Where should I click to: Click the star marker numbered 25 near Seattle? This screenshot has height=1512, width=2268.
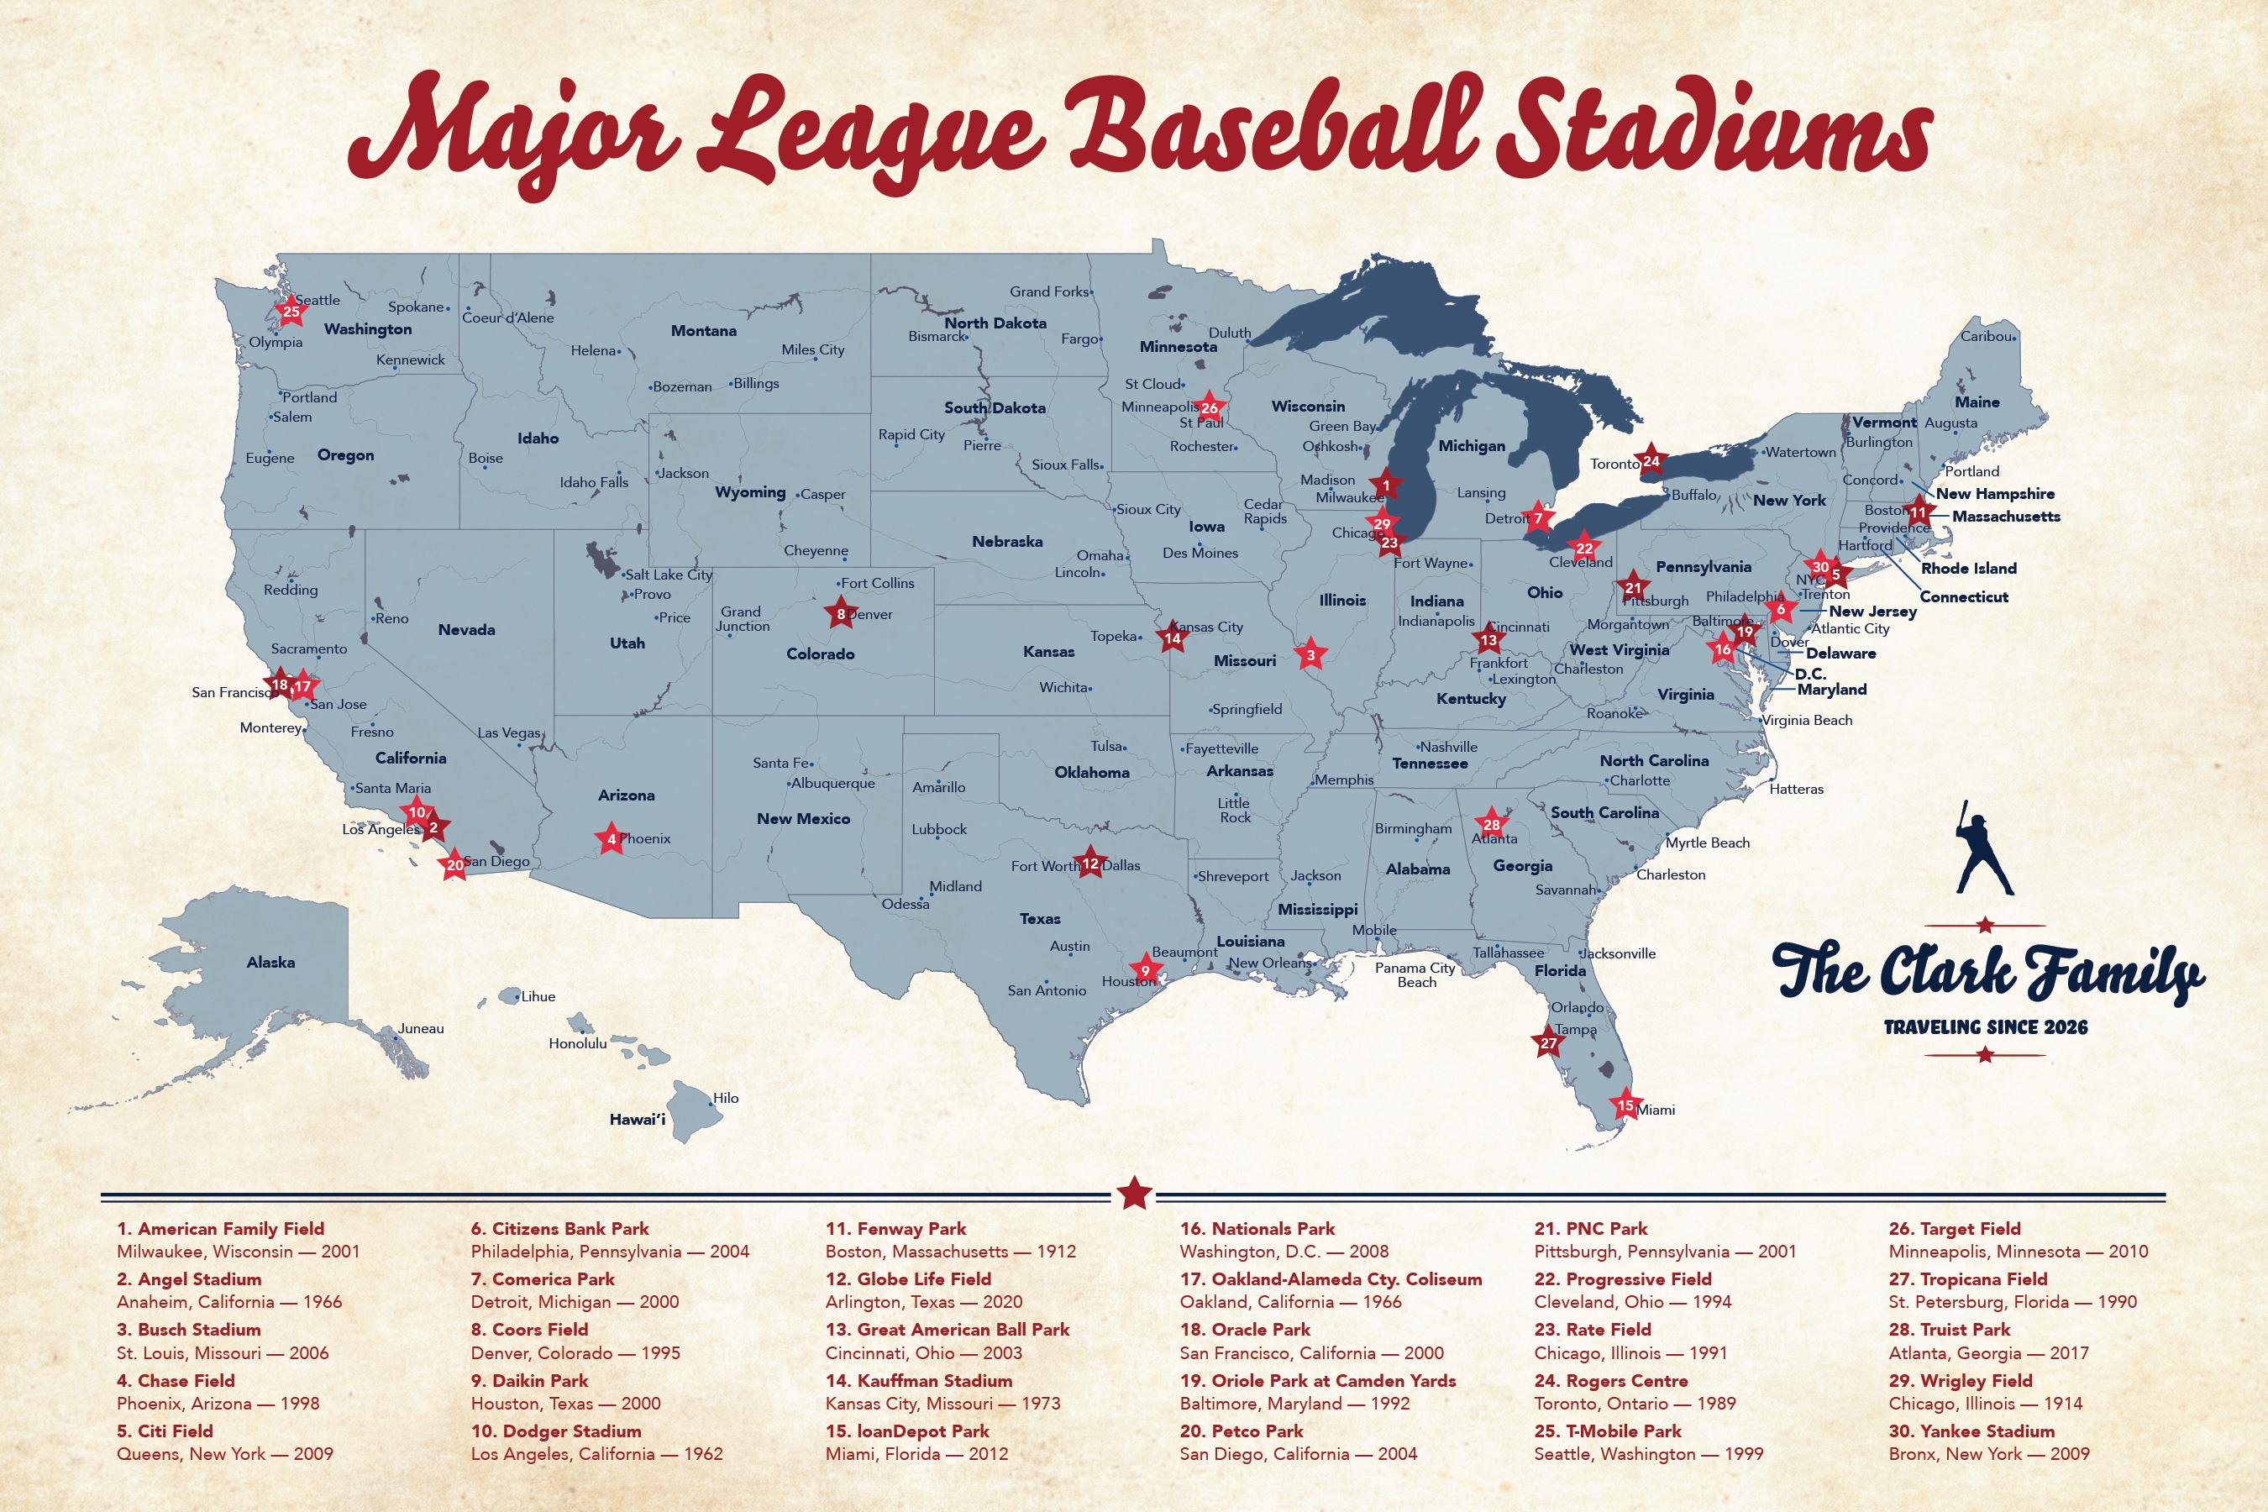tap(291, 311)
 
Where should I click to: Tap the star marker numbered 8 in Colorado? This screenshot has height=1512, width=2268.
tap(841, 613)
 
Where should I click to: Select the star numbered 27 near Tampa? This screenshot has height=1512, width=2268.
tap(1547, 1043)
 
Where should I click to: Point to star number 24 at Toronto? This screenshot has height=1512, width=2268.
tap(1651, 461)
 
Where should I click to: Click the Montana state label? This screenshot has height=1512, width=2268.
tap(703, 331)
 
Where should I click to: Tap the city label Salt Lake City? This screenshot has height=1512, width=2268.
tap(669, 575)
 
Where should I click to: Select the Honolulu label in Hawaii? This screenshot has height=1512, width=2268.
tap(578, 1043)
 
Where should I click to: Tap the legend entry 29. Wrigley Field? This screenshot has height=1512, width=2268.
tap(1961, 1381)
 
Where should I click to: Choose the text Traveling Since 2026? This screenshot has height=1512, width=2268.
tap(1986, 1027)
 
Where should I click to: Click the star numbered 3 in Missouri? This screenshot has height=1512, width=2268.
tap(1310, 654)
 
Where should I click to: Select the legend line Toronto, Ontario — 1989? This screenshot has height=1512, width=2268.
tap(1635, 1403)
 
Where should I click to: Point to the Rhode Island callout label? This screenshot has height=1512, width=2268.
tap(1968, 568)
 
